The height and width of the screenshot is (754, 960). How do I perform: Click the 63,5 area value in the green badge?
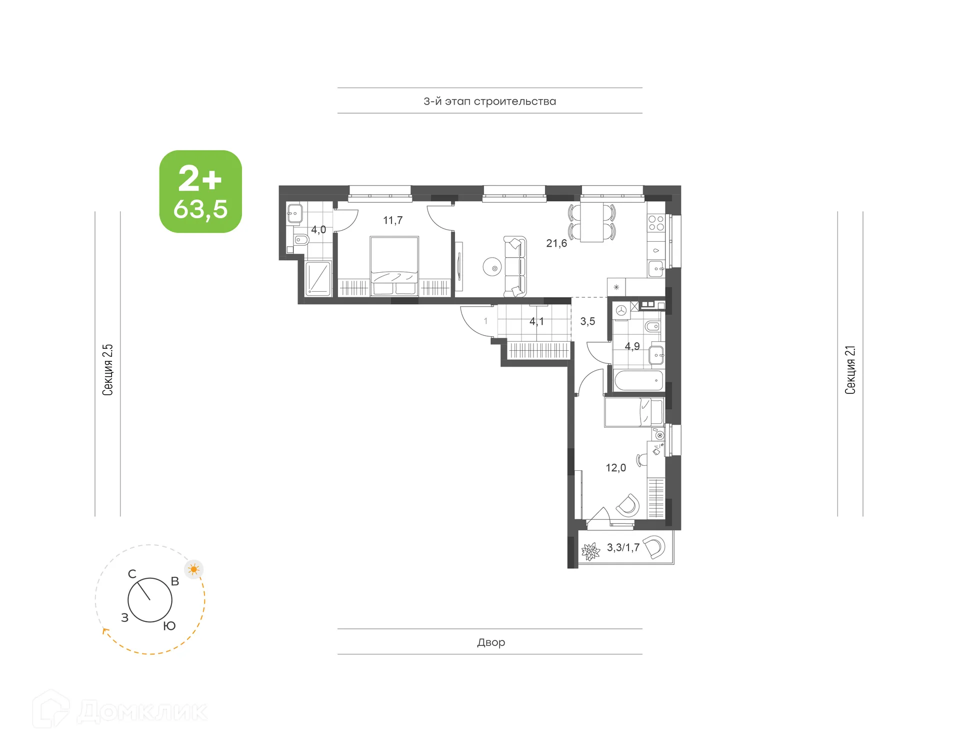(x=200, y=209)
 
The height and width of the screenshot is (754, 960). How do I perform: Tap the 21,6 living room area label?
(x=556, y=244)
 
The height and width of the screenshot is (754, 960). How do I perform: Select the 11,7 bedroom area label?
(x=392, y=220)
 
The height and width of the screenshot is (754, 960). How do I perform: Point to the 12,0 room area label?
(x=615, y=468)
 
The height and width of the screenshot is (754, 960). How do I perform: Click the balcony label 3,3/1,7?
(x=623, y=547)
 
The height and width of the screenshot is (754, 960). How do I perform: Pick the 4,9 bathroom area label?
(x=632, y=346)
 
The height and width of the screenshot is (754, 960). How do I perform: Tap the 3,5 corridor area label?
(x=587, y=321)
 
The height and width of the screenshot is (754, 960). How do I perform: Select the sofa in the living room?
(x=515, y=266)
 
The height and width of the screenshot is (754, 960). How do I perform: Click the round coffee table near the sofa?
(x=492, y=267)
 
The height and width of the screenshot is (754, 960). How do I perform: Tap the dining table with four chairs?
(x=592, y=223)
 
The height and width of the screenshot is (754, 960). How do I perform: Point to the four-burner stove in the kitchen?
(x=655, y=223)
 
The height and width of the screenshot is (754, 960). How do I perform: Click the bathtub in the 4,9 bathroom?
(x=638, y=381)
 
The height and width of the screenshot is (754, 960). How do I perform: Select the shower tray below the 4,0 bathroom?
(x=318, y=278)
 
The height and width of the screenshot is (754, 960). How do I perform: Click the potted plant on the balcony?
(x=590, y=552)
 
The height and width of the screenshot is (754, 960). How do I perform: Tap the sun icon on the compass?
(x=193, y=569)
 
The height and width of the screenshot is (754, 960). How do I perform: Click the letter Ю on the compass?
(x=169, y=626)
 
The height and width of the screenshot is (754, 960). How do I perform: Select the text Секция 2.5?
(x=107, y=370)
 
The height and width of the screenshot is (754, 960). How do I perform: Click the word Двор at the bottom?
(x=490, y=642)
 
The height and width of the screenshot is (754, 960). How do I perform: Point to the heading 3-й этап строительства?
(x=489, y=101)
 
